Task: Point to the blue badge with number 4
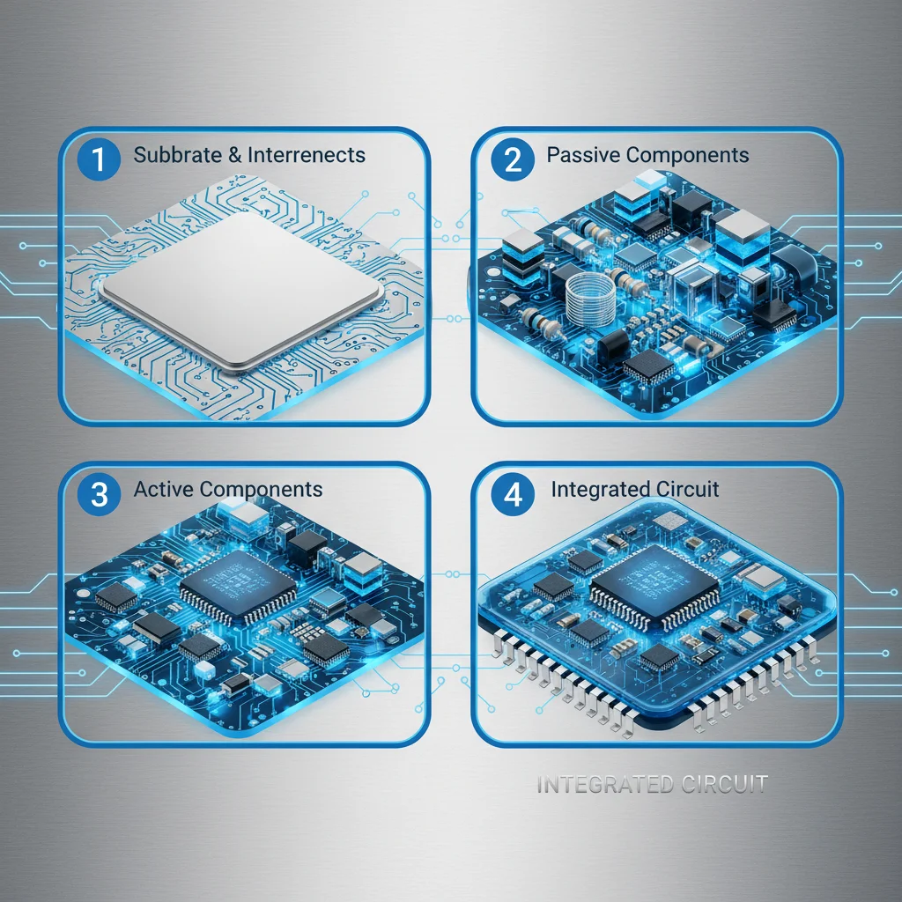pos(512,494)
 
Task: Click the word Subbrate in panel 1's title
pos(175,156)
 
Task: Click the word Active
pos(164,490)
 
